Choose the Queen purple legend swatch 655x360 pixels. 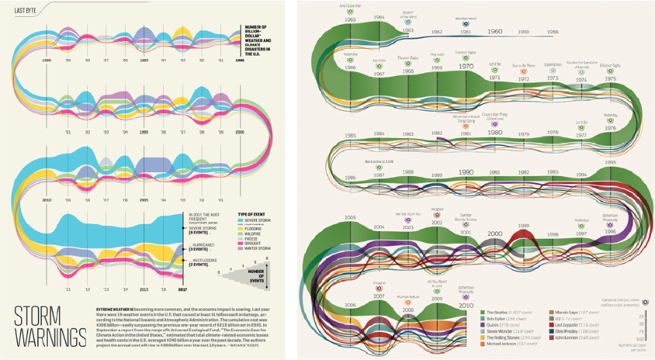(482, 324)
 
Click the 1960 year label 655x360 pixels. (495, 31)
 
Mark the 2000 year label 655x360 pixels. (495, 234)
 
